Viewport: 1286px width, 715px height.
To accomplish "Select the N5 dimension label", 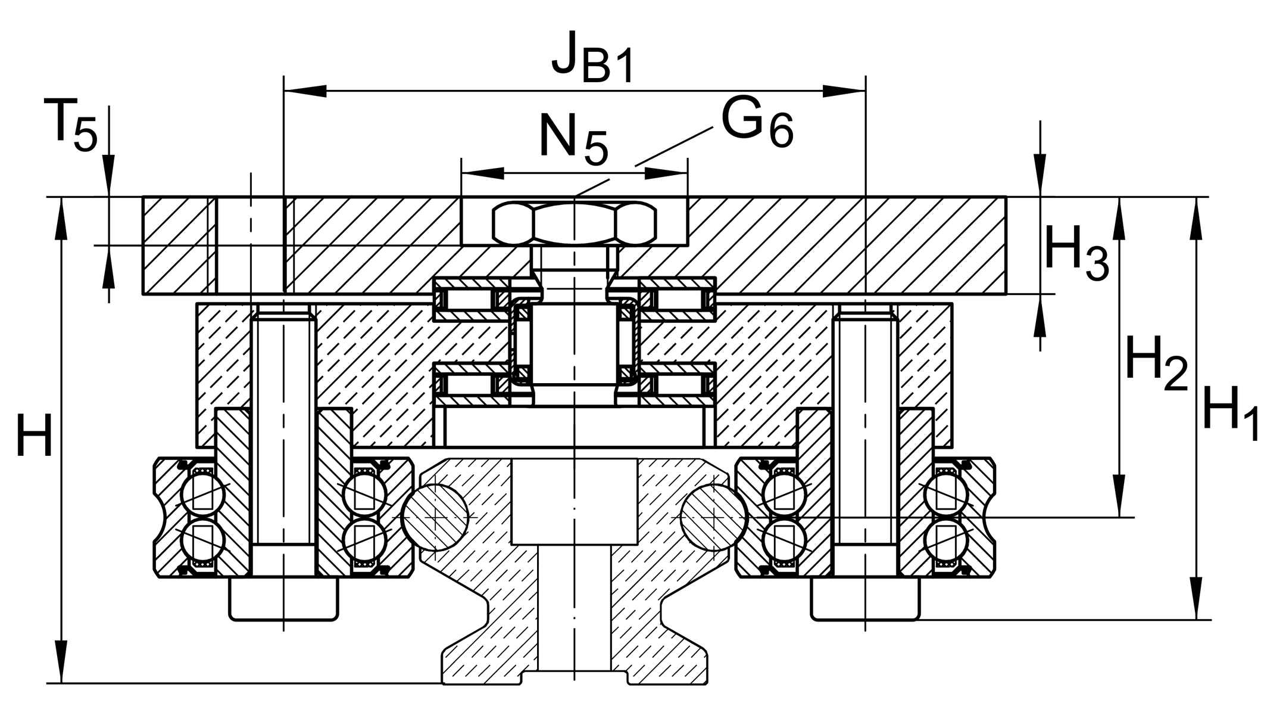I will click(x=573, y=141).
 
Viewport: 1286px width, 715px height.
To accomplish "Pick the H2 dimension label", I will click(x=1156, y=363).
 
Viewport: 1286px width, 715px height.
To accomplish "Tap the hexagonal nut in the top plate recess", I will click(x=574, y=223).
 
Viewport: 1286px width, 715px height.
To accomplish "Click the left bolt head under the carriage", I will click(x=283, y=599).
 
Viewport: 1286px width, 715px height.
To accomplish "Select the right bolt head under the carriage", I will click(x=864, y=599).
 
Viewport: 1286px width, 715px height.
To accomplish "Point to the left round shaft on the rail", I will click(x=435, y=517).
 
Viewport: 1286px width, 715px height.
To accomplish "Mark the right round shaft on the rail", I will click(x=713, y=517).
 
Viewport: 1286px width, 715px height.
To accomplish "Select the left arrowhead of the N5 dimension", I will click(x=482, y=173).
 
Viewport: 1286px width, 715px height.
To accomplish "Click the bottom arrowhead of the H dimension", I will click(x=61, y=661).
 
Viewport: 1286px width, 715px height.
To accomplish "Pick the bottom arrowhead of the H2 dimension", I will click(x=1120, y=495).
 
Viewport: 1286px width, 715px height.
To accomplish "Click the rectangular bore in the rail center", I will click(x=574, y=500).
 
